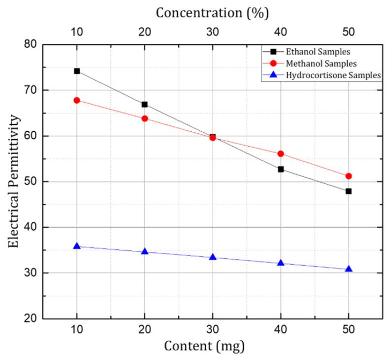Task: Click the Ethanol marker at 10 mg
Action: click(77, 71)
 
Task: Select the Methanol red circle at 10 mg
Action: click(77, 100)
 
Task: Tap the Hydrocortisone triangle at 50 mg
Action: click(349, 269)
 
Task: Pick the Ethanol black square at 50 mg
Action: click(349, 191)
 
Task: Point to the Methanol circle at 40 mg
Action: click(281, 153)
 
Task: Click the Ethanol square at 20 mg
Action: click(145, 104)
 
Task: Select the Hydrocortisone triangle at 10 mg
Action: click(77, 246)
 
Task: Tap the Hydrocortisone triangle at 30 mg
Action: click(213, 257)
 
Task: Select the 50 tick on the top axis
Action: click(349, 31)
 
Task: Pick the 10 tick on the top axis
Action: click(77, 31)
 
